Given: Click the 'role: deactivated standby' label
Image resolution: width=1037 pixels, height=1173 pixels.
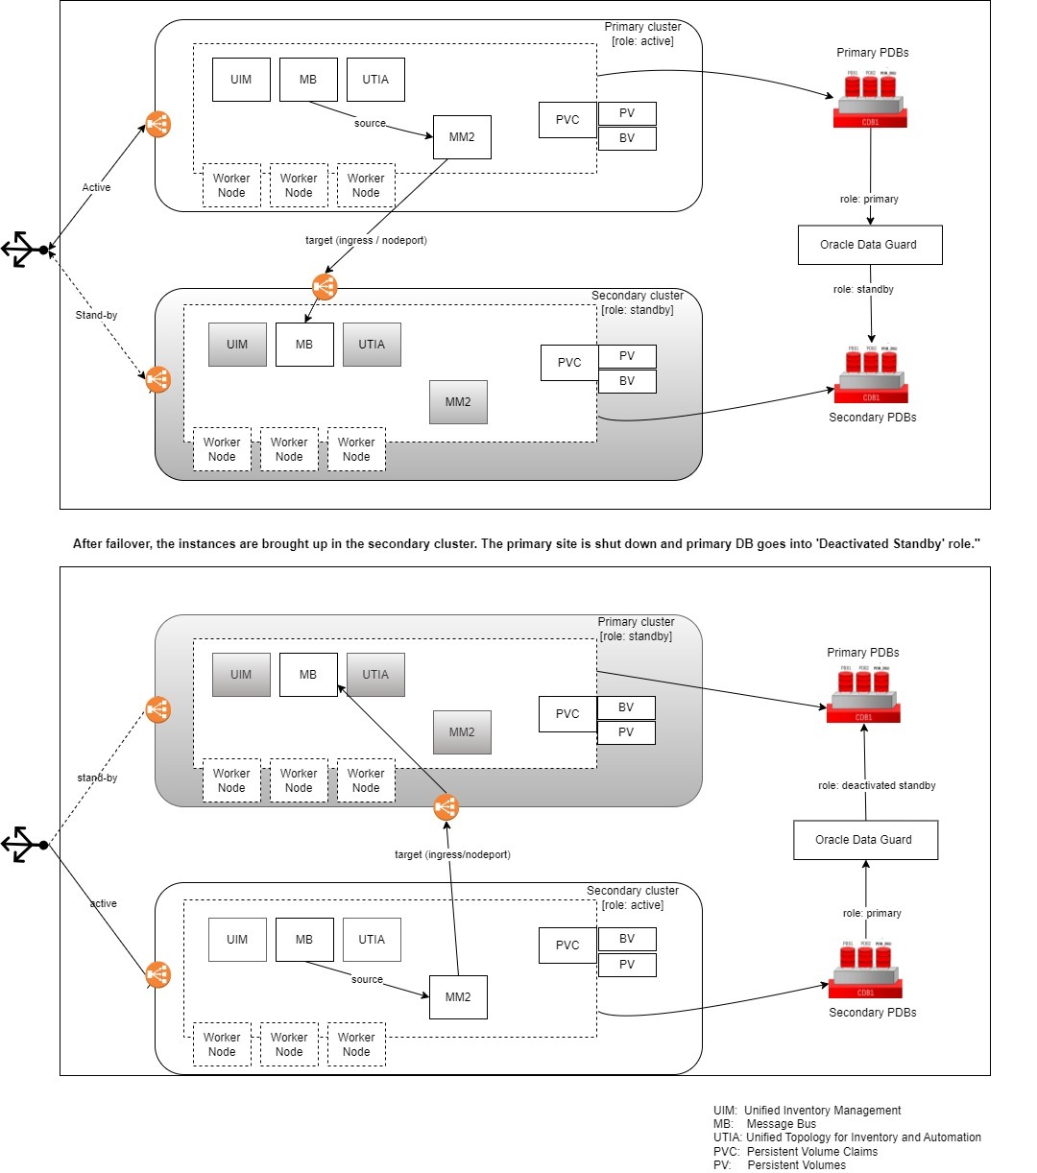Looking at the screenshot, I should [x=877, y=785].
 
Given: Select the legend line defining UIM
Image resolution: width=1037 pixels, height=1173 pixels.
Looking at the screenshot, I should [x=807, y=1111].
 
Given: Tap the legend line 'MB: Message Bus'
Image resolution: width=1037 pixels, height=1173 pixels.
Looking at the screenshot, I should [x=764, y=1124].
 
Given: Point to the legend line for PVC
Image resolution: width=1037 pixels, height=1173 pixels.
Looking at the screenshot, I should [x=795, y=1152].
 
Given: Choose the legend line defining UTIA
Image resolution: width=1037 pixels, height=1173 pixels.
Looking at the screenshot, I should [x=847, y=1137].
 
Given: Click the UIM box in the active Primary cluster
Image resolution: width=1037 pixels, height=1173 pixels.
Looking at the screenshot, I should [x=241, y=80].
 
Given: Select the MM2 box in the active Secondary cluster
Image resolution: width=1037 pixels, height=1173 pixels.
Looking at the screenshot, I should [x=458, y=997].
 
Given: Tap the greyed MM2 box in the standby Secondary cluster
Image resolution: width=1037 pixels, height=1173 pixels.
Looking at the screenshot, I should [x=458, y=402].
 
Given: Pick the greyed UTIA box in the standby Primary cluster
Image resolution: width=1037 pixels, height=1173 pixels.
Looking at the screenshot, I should [x=375, y=675].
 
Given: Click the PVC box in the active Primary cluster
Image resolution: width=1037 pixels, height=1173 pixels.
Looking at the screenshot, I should [x=567, y=120].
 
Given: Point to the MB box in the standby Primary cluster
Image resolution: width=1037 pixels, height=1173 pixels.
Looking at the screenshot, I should [x=308, y=675].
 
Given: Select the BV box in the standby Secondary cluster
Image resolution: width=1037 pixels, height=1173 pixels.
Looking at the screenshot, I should [x=627, y=381].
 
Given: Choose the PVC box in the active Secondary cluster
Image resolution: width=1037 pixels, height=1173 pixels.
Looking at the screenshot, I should [x=567, y=946].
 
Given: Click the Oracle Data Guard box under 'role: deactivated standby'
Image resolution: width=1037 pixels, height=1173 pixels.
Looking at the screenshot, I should [x=865, y=840].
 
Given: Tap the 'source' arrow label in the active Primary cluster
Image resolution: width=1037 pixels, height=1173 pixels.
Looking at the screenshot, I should [x=370, y=124].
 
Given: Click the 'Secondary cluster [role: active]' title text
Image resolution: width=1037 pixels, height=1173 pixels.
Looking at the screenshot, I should [x=633, y=898].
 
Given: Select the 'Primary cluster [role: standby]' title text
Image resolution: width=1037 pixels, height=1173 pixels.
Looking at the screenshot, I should [x=636, y=629].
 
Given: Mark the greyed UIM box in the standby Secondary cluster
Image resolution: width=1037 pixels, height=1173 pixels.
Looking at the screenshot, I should [x=237, y=345].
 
